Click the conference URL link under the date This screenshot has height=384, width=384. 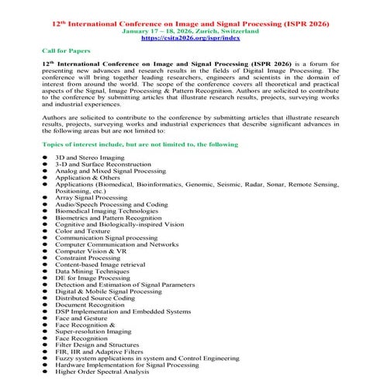[x=192, y=36]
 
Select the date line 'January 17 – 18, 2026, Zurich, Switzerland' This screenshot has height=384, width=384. [x=192, y=28]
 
